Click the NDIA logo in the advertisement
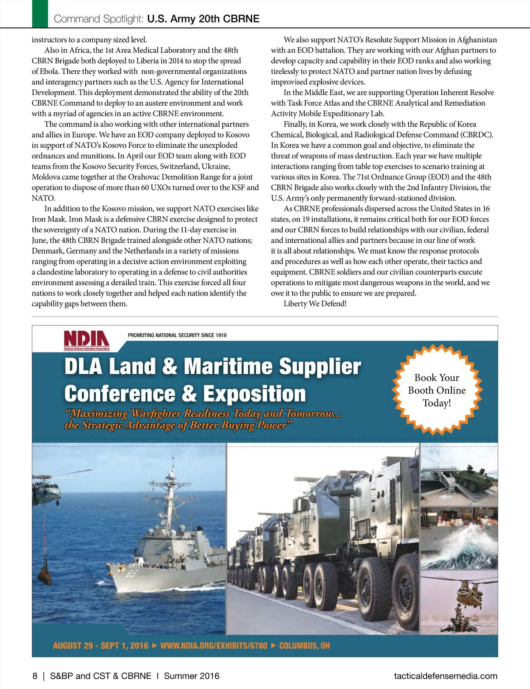(x=87, y=340)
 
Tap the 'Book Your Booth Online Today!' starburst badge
(x=436, y=390)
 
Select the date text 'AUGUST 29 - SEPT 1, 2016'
(x=100, y=646)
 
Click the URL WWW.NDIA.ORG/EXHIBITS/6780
(x=214, y=646)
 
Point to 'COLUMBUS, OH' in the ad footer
(x=304, y=646)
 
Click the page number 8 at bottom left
(x=35, y=676)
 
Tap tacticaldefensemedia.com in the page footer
(x=445, y=676)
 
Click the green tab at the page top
(x=40, y=14)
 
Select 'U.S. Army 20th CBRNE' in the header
(x=203, y=19)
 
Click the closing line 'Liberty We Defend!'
(x=315, y=303)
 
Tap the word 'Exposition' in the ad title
(x=254, y=394)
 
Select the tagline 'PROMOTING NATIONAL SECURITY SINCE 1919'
(x=177, y=335)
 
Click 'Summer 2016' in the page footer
(x=192, y=676)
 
